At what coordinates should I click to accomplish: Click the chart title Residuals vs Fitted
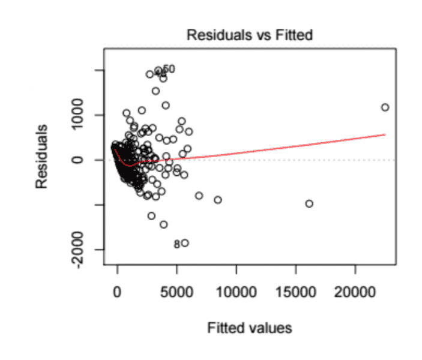[x=250, y=35]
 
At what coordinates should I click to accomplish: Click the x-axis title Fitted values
[x=250, y=328]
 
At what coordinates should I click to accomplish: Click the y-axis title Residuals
[x=41, y=157]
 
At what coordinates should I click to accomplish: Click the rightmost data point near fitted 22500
[x=385, y=107]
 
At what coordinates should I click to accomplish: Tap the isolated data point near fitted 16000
[x=309, y=203]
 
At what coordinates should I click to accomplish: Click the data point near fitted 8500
[x=218, y=200]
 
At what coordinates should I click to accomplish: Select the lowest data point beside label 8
[x=185, y=243]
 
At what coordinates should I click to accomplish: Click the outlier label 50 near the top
[x=169, y=69]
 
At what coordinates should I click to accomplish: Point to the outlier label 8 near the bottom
[x=176, y=244]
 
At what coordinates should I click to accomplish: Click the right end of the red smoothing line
[x=384, y=134]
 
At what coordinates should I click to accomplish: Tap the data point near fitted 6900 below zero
[x=199, y=196]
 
